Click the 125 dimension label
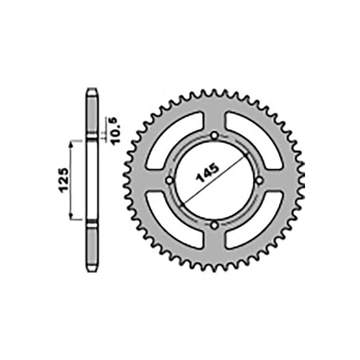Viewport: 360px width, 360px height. (x=64, y=180)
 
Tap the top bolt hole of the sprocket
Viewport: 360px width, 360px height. (x=214, y=135)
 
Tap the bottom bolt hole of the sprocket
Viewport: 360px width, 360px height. (x=214, y=225)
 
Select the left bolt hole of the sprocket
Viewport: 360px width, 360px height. (x=169, y=180)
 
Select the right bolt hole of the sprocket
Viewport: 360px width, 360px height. (x=259, y=180)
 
